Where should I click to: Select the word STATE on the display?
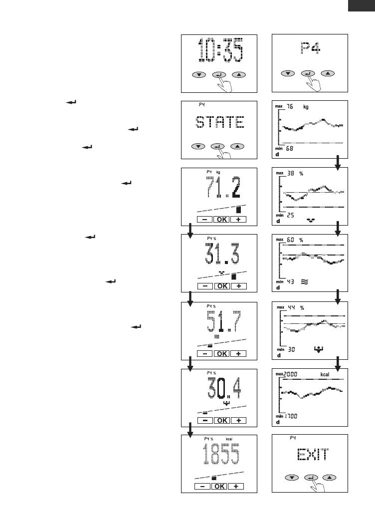click(218, 123)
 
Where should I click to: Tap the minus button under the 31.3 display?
click(204, 286)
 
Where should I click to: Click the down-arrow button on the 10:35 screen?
click(199, 75)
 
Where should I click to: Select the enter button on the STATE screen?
click(217, 146)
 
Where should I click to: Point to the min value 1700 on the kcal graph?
click(292, 416)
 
